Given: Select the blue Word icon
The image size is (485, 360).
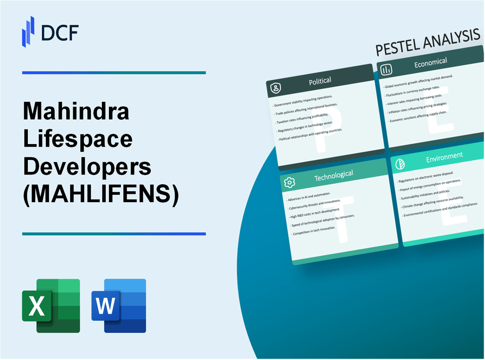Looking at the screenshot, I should (x=119, y=305).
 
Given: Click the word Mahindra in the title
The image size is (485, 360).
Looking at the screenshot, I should (x=76, y=112).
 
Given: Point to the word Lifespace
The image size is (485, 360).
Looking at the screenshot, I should (x=78, y=139).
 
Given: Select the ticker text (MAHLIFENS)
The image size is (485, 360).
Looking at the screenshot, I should (x=101, y=194).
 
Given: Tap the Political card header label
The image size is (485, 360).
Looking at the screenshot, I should (x=320, y=81).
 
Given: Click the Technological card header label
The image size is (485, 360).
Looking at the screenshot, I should (x=333, y=175).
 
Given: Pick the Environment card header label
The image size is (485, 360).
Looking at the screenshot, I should (x=444, y=156).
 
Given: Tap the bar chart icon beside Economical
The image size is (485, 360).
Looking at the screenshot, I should (x=386, y=70).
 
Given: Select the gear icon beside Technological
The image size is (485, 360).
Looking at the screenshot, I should (x=289, y=182).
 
